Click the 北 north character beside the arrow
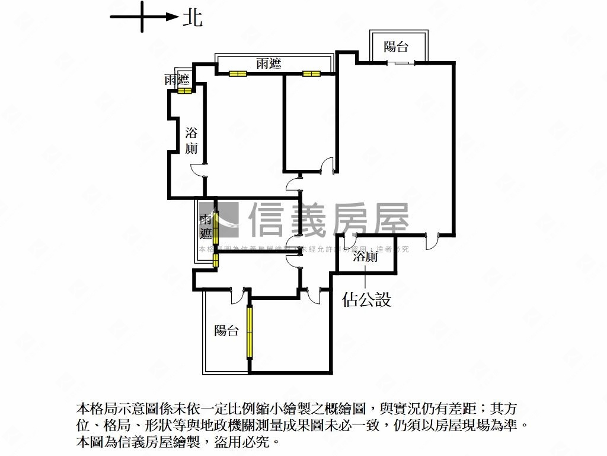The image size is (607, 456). tap(192, 18)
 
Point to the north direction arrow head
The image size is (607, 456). tap(172, 17)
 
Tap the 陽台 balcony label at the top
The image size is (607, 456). tap(396, 47)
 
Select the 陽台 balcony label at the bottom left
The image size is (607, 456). tap(226, 331)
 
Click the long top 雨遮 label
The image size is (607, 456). tap(269, 64)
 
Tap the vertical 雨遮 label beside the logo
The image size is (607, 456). tap(206, 226)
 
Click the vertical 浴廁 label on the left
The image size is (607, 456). tap(191, 140)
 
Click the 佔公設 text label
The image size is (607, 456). tap(367, 299)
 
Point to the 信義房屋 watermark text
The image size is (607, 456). tap(329, 220)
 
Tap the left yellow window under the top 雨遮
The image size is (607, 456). tap(238, 74)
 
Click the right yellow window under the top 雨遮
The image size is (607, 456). tap(311, 74)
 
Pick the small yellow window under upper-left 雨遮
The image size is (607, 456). tap(184, 91)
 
